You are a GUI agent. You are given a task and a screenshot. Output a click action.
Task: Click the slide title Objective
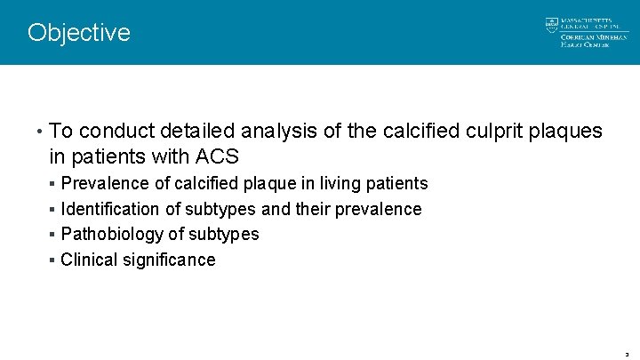78,33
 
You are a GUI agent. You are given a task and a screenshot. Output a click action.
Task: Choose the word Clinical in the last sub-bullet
87,260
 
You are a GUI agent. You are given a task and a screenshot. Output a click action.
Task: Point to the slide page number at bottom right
627,353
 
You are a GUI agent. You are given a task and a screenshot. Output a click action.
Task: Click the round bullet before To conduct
41,132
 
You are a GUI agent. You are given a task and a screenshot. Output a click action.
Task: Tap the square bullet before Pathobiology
53,235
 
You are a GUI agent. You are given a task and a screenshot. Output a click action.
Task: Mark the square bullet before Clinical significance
53,260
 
